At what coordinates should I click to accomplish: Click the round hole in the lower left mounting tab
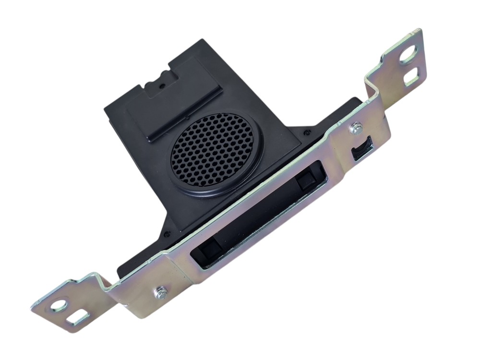pos(59,304)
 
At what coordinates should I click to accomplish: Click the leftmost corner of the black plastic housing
pos(105,109)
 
